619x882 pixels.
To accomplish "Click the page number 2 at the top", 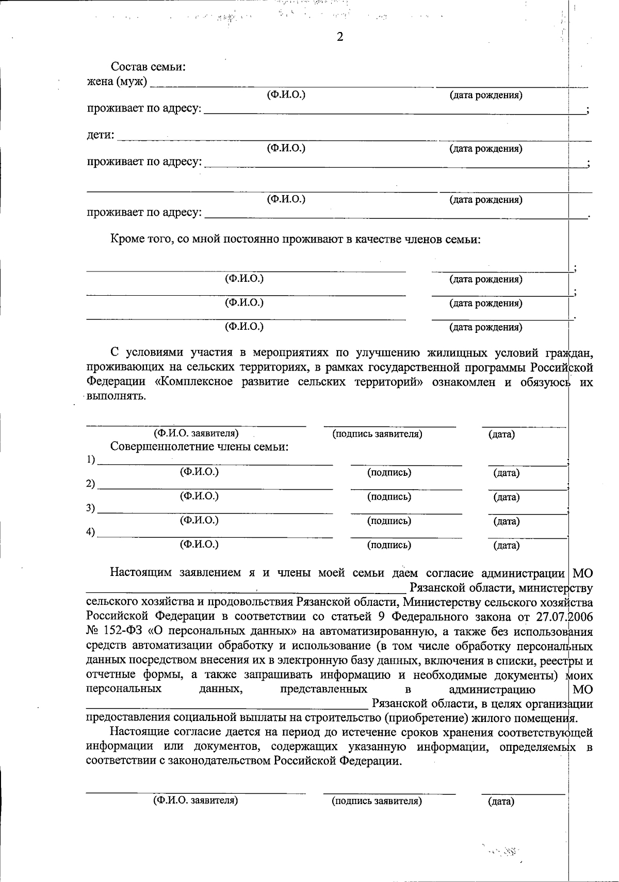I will pyautogui.click(x=339, y=37).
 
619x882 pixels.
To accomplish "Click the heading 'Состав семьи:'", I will pyautogui.click(x=148, y=67).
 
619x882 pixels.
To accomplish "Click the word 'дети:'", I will pyautogui.click(x=100, y=135).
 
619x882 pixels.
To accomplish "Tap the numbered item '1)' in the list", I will pyautogui.click(x=91, y=459).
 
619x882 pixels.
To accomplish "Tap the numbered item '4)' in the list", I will pyautogui.click(x=91, y=533).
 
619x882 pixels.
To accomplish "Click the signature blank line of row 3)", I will pyautogui.click(x=406, y=512).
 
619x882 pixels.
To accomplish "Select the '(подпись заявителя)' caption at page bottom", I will pyautogui.click(x=377, y=801).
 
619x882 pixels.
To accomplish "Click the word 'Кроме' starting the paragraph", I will pyautogui.click(x=126, y=239).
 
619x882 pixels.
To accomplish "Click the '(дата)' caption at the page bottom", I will pyautogui.click(x=501, y=802).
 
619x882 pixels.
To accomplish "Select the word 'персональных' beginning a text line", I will pyautogui.click(x=124, y=689).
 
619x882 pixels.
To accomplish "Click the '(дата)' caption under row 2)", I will pyautogui.click(x=506, y=498).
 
